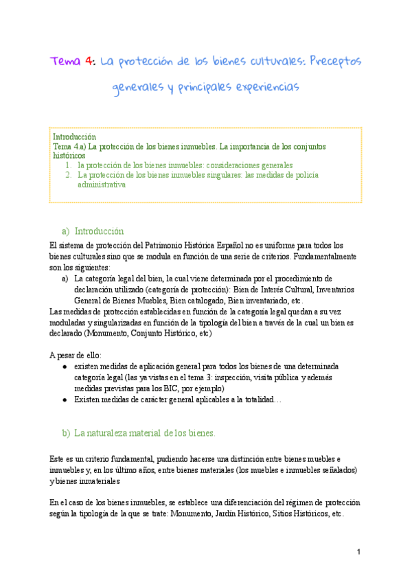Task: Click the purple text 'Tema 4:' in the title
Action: point(72,62)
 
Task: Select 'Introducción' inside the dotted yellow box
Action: point(74,137)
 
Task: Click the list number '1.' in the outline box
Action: point(69,165)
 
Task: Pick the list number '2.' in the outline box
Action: point(69,175)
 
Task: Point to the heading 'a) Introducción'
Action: point(93,231)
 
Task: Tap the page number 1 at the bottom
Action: point(358,552)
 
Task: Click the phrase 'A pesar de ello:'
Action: point(76,355)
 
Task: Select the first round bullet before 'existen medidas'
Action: point(65,367)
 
